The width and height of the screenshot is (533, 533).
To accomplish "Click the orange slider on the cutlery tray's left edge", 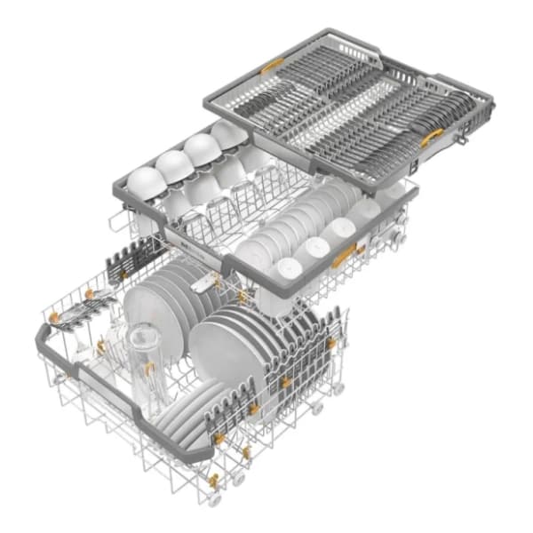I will pos(272,67).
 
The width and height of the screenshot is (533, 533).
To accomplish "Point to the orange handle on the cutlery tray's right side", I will pos(432,136).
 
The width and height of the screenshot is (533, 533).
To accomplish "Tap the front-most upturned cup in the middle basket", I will pos(284,267).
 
